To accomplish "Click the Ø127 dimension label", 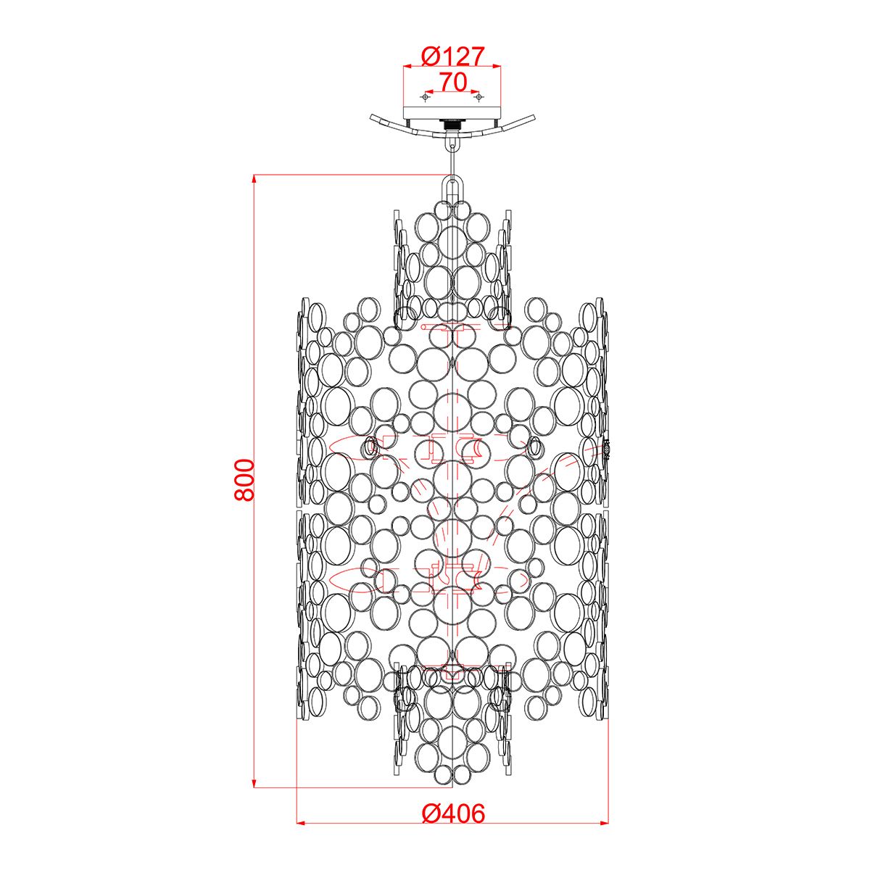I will click(x=452, y=55).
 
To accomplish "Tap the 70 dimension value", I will click(x=452, y=82).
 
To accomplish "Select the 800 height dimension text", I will click(x=244, y=480).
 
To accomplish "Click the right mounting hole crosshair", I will click(x=478, y=96).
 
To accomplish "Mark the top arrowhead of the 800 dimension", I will click(x=254, y=178).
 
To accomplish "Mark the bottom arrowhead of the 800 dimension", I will click(x=254, y=782).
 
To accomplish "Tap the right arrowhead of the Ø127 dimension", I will click(x=497, y=67).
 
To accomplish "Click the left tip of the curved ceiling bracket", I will click(x=372, y=117).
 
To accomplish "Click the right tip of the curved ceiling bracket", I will click(x=534, y=117).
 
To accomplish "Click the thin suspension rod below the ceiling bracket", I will click(x=453, y=157).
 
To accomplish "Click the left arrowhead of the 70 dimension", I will click(x=428, y=92).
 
